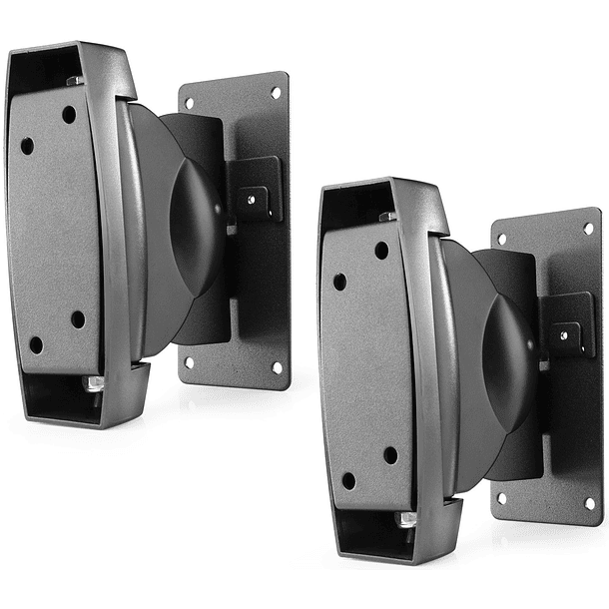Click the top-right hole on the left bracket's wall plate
pos(276,92)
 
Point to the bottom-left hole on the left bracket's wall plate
pos(189,364)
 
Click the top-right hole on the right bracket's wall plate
pos(587,228)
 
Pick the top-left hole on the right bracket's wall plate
pos(501,239)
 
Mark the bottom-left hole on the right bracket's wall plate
pos(501,498)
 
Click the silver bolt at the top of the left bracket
pos(75,80)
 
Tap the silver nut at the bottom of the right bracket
pos(406,519)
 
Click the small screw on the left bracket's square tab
pos(251,198)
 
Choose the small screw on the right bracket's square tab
pos(563,334)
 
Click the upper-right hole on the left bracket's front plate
pos(69,114)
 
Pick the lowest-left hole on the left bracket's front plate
pos(36,344)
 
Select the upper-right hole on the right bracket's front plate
pos(381,250)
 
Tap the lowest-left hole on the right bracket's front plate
pos(348,480)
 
